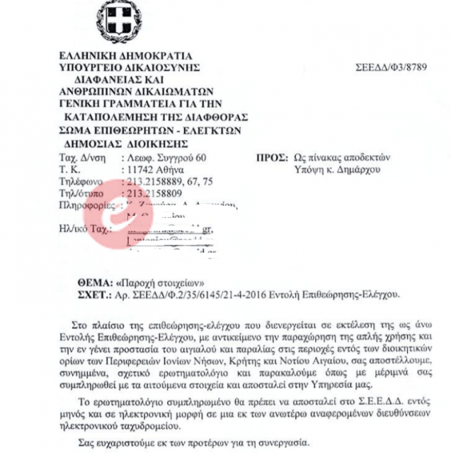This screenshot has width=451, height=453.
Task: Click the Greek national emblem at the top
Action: pyautogui.click(x=118, y=22)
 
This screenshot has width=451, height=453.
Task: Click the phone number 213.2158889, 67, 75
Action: pyautogui.click(x=169, y=180)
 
